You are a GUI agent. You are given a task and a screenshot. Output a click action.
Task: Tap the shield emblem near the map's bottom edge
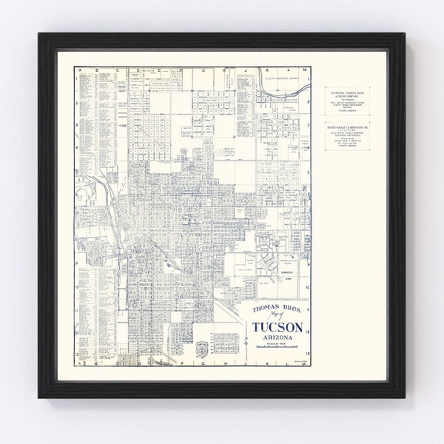(201, 350)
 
